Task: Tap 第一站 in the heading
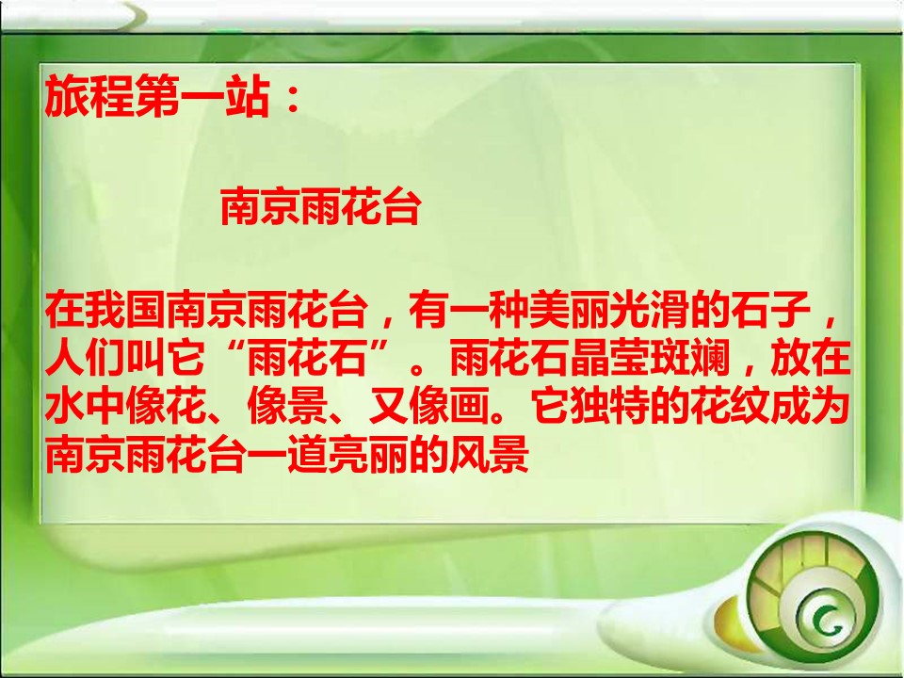(202, 99)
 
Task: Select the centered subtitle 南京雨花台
(319, 209)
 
